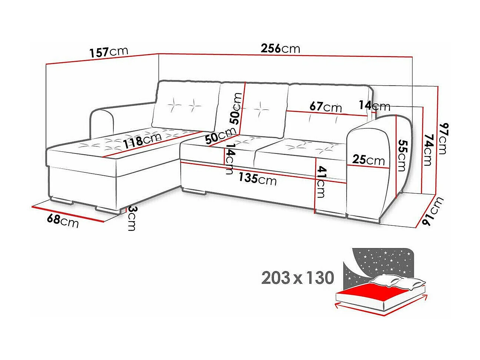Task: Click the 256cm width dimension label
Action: pyautogui.click(x=280, y=49)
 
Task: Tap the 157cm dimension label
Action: pyautogui.click(x=109, y=52)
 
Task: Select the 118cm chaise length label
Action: pyautogui.click(x=142, y=141)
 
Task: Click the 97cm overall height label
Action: pyautogui.click(x=443, y=139)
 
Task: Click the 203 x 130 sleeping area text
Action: pyautogui.click(x=298, y=277)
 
